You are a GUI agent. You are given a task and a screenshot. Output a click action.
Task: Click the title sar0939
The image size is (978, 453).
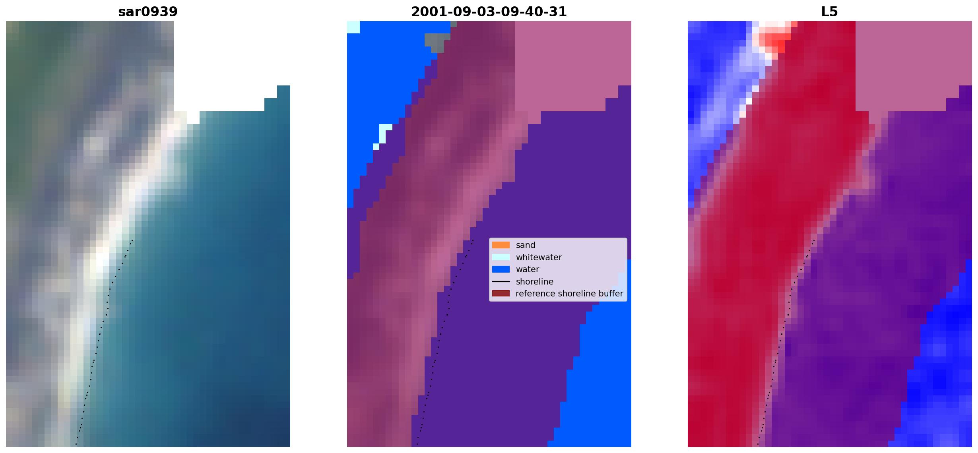click(148, 12)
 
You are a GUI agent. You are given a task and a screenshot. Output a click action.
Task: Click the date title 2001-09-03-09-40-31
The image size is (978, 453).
click(489, 12)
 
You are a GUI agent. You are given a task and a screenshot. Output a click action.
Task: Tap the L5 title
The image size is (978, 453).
click(830, 12)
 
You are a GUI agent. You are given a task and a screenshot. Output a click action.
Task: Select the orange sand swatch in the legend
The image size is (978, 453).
click(501, 245)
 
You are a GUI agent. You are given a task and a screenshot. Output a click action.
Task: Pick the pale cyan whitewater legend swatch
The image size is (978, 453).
click(501, 257)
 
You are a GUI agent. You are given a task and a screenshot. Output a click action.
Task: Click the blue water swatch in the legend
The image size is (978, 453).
click(501, 269)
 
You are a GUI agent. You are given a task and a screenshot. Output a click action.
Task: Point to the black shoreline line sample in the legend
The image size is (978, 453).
click(501, 282)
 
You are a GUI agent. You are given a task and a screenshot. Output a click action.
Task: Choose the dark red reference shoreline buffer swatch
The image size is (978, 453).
click(501, 294)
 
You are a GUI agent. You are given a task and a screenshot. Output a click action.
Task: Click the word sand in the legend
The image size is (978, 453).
click(526, 245)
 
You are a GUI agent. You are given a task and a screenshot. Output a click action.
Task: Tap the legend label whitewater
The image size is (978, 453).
click(539, 257)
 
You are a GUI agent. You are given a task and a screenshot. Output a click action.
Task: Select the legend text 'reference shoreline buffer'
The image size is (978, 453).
click(569, 294)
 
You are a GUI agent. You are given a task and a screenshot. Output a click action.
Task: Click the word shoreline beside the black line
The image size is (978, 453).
click(534, 282)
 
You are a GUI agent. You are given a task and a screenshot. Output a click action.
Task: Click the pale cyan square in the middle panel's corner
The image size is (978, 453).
click(353, 27)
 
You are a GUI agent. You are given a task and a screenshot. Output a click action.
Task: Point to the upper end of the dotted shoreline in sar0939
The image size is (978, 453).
click(132, 240)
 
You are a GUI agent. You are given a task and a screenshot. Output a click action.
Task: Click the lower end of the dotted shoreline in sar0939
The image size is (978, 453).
click(76, 444)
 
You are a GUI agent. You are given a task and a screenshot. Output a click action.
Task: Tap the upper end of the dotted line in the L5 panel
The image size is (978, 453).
click(814, 240)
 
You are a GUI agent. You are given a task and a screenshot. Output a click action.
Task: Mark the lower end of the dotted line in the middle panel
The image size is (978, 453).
click(417, 444)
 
